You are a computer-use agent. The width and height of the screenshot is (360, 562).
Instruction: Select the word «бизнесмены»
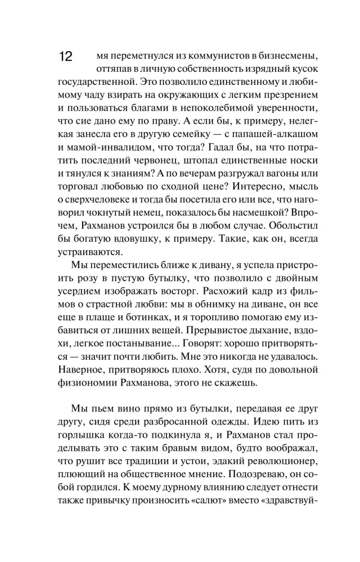pos(285,57)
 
